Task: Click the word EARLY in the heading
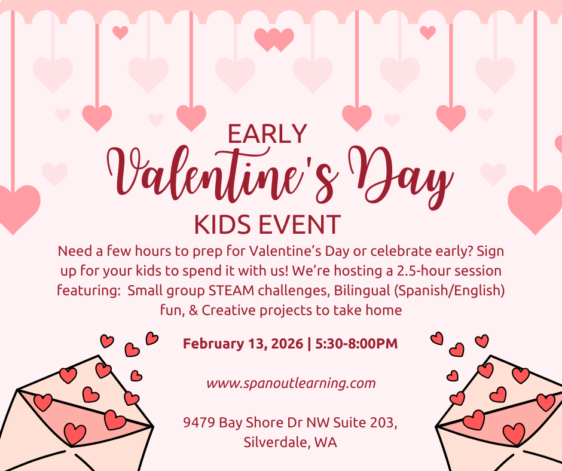click(267, 134)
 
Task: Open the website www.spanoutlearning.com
click(291, 383)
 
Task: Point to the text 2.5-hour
click(413, 271)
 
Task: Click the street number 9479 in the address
click(200, 423)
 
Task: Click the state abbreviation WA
click(328, 443)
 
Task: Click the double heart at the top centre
click(274, 39)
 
